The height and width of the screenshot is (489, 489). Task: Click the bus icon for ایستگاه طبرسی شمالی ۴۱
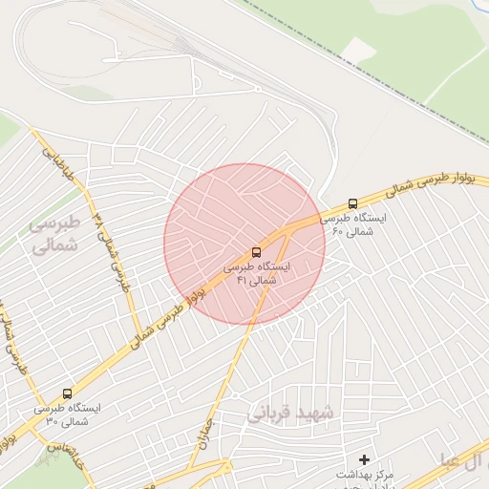255,253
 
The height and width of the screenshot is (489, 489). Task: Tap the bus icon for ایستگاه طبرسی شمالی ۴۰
353,203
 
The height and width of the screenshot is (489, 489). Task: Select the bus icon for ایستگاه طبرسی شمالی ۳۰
67,393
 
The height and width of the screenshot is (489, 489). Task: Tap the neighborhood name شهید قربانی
292,415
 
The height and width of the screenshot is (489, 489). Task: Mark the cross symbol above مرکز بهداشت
364,459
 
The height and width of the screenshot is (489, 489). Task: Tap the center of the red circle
244,244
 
